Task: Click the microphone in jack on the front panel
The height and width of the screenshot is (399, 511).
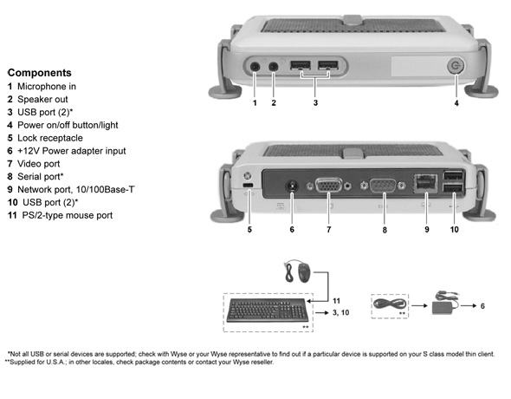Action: (255, 67)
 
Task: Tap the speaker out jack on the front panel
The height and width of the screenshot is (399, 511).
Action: (273, 67)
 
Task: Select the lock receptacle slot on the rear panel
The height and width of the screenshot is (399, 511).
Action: (248, 186)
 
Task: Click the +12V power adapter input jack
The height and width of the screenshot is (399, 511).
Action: (292, 187)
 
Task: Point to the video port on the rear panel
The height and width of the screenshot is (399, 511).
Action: (329, 186)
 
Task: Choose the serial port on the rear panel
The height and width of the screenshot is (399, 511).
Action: (383, 186)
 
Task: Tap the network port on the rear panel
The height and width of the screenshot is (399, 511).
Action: (425, 183)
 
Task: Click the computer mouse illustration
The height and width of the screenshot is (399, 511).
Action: (304, 272)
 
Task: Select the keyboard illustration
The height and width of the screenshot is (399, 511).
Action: (268, 310)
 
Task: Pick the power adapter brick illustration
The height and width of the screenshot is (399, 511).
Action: (443, 307)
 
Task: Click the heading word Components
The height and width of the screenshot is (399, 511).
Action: (40, 73)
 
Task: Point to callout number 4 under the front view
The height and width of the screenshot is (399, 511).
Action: (456, 103)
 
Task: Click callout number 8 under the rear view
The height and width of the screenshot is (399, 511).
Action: (385, 230)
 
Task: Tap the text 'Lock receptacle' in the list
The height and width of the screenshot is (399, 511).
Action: (50, 138)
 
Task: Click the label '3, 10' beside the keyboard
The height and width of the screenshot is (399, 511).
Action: (341, 312)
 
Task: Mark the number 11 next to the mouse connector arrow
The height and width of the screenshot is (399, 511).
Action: (336, 301)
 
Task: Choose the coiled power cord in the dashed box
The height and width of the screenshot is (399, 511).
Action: (390, 304)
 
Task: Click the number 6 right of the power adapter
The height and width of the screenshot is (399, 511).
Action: (482, 306)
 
